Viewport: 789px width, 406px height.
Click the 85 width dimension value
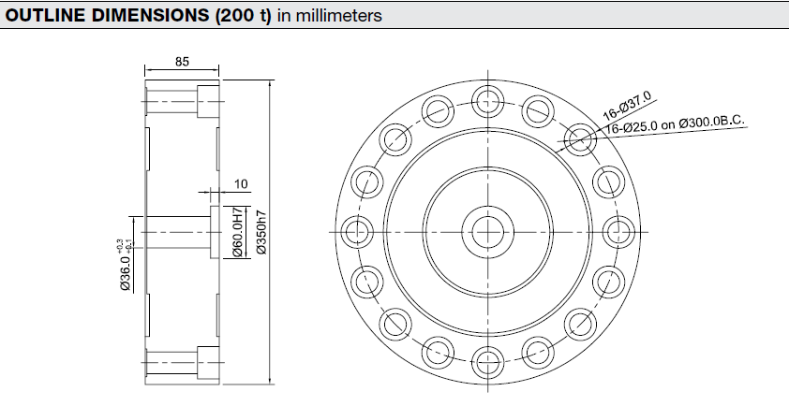pos(182,62)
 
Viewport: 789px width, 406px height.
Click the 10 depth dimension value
pos(215,184)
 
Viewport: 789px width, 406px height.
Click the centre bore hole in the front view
pos(487,231)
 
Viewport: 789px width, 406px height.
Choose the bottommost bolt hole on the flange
pos(487,360)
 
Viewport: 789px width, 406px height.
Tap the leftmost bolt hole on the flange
pos(357,231)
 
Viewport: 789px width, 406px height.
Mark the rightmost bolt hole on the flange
pos(617,231)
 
